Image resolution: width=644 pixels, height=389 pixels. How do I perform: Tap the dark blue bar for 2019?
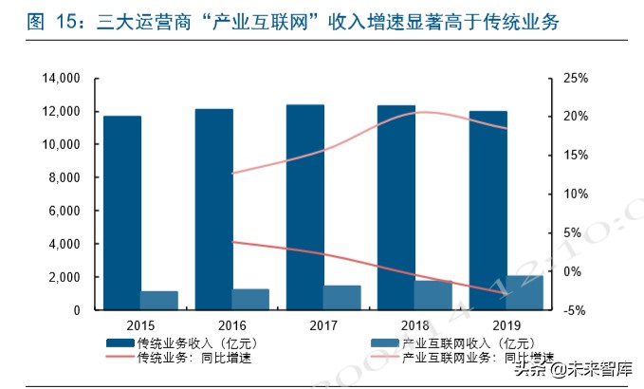pyautogui.click(x=488, y=210)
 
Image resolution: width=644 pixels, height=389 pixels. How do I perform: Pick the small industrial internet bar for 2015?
pyautogui.click(x=158, y=300)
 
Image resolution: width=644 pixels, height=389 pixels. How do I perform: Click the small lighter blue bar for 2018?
pyautogui.click(x=433, y=294)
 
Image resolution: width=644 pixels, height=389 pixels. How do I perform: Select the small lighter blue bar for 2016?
pyautogui.click(x=250, y=299)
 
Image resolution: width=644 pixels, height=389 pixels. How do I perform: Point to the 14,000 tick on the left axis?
pyautogui.click(x=59, y=78)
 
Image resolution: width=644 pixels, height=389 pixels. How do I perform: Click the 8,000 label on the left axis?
pyautogui.click(x=63, y=177)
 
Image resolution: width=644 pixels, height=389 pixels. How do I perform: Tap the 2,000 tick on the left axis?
pyautogui.click(x=63, y=277)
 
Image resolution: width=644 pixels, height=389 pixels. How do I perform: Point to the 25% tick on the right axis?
pyautogui.click(x=576, y=78)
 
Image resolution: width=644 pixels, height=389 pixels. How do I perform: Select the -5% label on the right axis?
pyautogui.click(x=576, y=310)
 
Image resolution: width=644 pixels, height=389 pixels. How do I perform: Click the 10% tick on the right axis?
pyautogui.click(x=576, y=194)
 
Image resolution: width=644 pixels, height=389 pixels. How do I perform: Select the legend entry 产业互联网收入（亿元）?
pyautogui.click(x=478, y=343)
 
